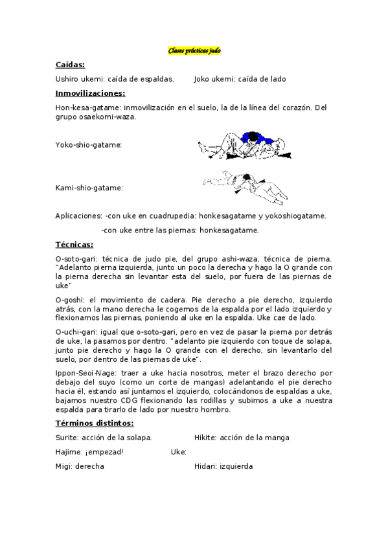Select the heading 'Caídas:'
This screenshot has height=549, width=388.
click(70, 65)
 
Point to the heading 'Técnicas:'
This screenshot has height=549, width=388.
click(74, 244)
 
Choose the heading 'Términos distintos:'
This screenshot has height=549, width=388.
click(95, 423)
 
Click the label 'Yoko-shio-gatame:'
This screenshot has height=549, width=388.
click(89, 145)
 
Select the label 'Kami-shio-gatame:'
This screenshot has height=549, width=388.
click(89, 188)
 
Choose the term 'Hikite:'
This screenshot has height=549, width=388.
click(205, 438)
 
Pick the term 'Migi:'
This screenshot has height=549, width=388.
click(65, 466)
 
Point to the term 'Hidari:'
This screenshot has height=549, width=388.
click(206, 466)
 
